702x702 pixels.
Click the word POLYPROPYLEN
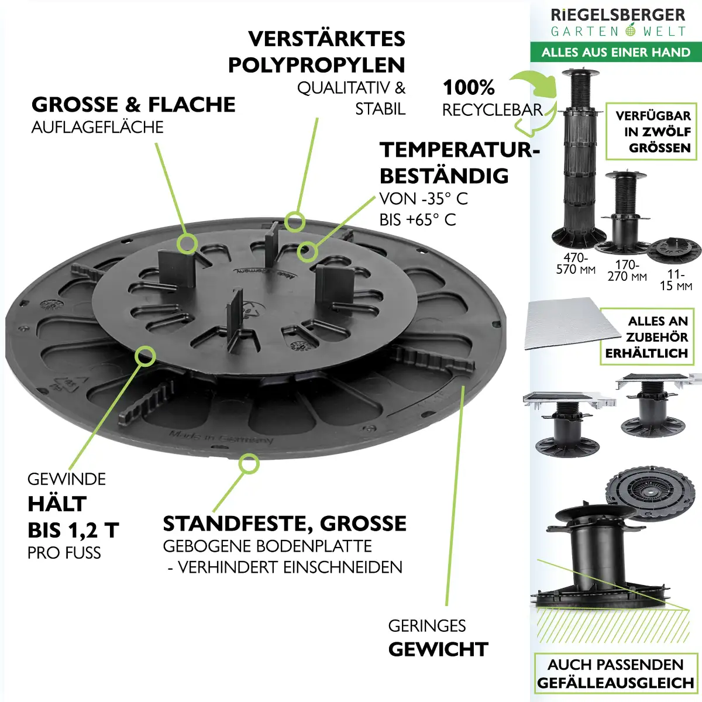point(316,65)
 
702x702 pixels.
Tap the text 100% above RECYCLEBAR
point(469,88)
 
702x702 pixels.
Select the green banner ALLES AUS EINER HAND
point(615,52)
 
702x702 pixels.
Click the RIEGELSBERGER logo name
point(618,15)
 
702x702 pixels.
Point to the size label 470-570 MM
point(576,264)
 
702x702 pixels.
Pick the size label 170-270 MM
point(627,270)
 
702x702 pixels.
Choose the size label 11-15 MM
point(676,280)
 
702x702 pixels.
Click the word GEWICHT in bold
point(438,649)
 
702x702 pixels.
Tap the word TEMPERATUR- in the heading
point(459,150)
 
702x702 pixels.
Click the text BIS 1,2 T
point(73,530)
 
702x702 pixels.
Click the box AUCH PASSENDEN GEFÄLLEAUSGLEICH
point(615,674)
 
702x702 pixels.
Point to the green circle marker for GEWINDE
point(144,355)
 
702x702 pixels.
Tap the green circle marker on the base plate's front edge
point(249,463)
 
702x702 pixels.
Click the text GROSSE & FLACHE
point(133,105)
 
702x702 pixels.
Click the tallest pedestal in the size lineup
point(576,158)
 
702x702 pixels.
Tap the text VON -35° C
point(424,199)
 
